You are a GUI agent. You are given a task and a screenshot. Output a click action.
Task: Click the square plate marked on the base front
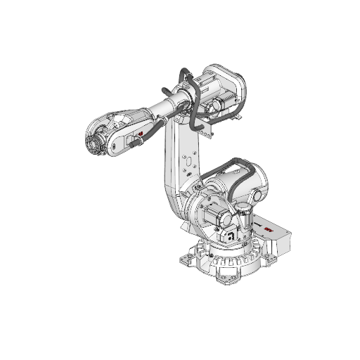(230, 236)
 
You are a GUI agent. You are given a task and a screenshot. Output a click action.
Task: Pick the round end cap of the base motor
(214, 215)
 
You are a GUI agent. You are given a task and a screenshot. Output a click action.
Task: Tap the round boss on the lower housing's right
(259, 194)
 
